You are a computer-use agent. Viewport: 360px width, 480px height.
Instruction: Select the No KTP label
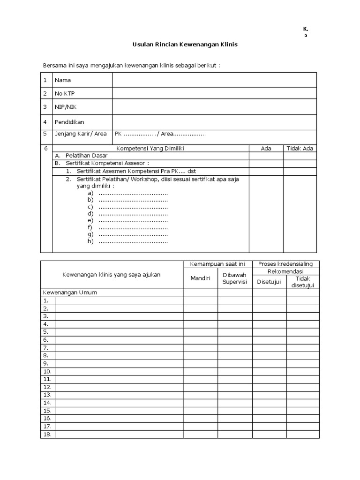[65, 94]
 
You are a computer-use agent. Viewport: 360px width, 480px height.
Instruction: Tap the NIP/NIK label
[65, 107]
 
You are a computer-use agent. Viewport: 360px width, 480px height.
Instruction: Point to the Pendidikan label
[69, 122]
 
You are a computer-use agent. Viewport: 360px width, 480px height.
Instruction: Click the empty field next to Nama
[214, 80]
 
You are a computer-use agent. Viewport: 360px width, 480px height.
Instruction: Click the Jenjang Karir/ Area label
[81, 134]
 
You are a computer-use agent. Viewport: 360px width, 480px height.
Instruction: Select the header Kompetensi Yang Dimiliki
[151, 148]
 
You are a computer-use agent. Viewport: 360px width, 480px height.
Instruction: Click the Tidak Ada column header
[300, 148]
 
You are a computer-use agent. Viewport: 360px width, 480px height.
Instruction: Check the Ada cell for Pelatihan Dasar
[266, 155]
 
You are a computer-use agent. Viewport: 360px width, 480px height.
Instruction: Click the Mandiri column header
[200, 278]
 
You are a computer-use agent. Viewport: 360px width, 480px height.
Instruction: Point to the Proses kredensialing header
[285, 264]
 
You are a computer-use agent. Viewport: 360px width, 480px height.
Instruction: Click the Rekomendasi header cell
[285, 271]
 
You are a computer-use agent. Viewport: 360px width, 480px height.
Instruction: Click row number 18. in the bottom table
[47, 435]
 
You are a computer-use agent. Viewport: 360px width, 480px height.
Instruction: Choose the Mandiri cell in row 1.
[200, 300]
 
